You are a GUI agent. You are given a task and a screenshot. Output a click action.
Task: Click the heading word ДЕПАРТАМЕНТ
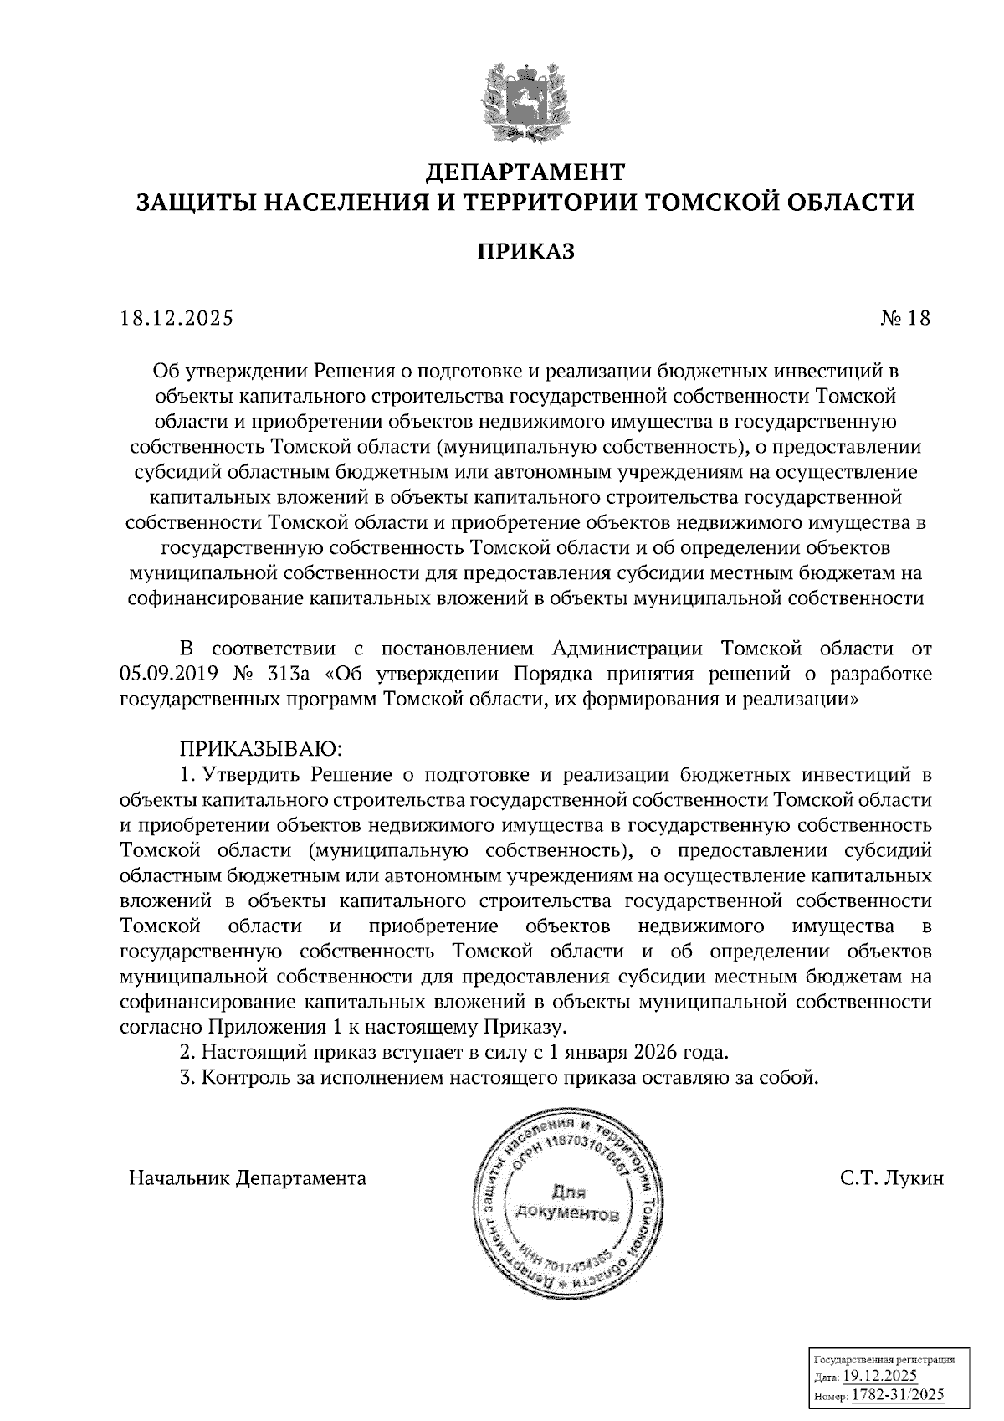pos(525,172)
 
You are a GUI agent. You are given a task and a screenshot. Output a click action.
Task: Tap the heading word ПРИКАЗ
pos(525,251)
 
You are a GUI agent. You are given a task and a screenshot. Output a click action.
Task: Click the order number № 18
pos(904,318)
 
